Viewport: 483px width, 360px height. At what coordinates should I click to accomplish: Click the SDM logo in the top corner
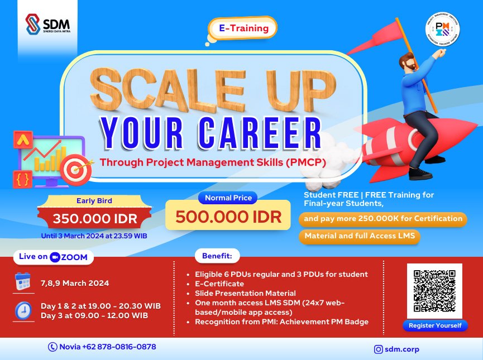coord(47,25)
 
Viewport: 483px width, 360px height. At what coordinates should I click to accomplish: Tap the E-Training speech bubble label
coord(243,28)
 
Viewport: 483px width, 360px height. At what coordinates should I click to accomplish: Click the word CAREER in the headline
coord(262,133)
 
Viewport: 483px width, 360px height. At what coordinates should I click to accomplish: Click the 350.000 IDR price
coord(94,218)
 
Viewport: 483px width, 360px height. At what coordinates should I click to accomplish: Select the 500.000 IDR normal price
coord(228,217)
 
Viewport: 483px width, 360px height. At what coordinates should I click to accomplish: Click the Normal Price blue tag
coord(228,198)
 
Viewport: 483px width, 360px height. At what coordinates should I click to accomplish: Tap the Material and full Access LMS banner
coord(360,236)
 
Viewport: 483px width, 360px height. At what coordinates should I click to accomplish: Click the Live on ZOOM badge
coord(54,257)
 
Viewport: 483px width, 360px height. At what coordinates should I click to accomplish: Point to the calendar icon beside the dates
coord(23,282)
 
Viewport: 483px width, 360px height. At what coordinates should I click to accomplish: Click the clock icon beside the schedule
coord(23,310)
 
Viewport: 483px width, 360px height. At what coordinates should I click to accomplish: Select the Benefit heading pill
coord(217,256)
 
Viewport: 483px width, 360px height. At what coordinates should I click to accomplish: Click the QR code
coord(434,291)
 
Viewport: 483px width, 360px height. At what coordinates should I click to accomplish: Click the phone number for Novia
coord(102,347)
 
